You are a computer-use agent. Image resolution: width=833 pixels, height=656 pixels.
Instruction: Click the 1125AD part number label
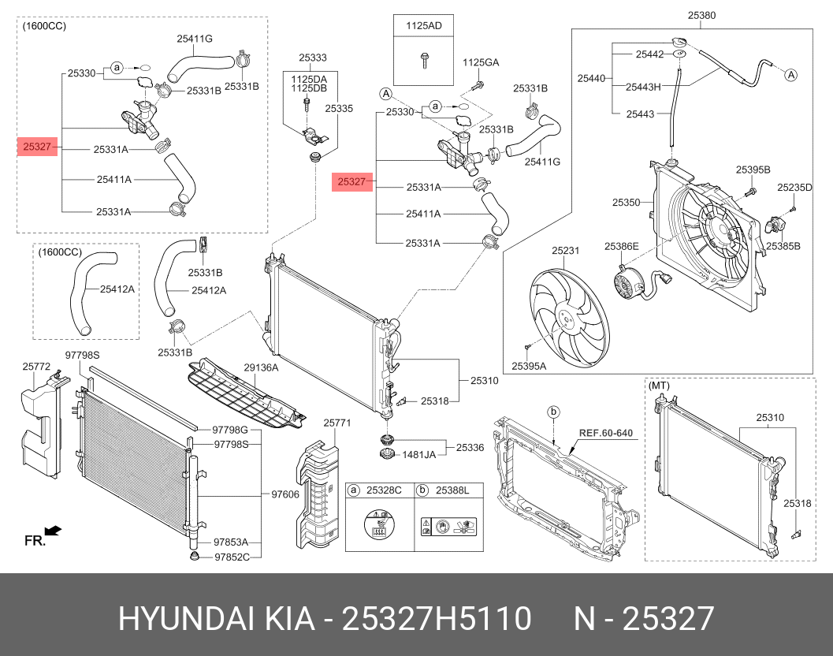pyautogui.click(x=424, y=26)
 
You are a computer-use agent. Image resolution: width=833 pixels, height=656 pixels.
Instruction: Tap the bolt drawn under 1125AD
pyautogui.click(x=424, y=58)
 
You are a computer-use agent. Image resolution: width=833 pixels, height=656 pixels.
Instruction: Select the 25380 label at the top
pyautogui.click(x=701, y=15)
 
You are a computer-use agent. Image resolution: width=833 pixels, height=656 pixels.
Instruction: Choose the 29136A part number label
pyautogui.click(x=261, y=367)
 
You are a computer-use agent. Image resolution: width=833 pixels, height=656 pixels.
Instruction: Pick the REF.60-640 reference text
pyautogui.click(x=606, y=433)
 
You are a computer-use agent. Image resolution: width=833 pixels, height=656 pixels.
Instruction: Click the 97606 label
pyautogui.click(x=284, y=494)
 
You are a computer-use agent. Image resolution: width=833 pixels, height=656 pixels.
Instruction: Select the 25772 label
pyautogui.click(x=36, y=367)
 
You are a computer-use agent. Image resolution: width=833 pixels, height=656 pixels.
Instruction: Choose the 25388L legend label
pyautogui.click(x=453, y=490)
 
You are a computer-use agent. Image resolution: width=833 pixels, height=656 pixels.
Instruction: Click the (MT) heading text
pyautogui.click(x=659, y=386)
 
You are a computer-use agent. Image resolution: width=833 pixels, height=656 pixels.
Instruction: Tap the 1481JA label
pyautogui.click(x=419, y=454)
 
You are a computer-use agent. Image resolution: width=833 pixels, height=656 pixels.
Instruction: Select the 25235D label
pyautogui.click(x=794, y=188)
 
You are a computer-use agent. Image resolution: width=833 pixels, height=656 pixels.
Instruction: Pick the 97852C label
pyautogui.click(x=232, y=557)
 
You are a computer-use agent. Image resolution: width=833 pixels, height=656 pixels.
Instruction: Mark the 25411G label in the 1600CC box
pyautogui.click(x=195, y=38)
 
